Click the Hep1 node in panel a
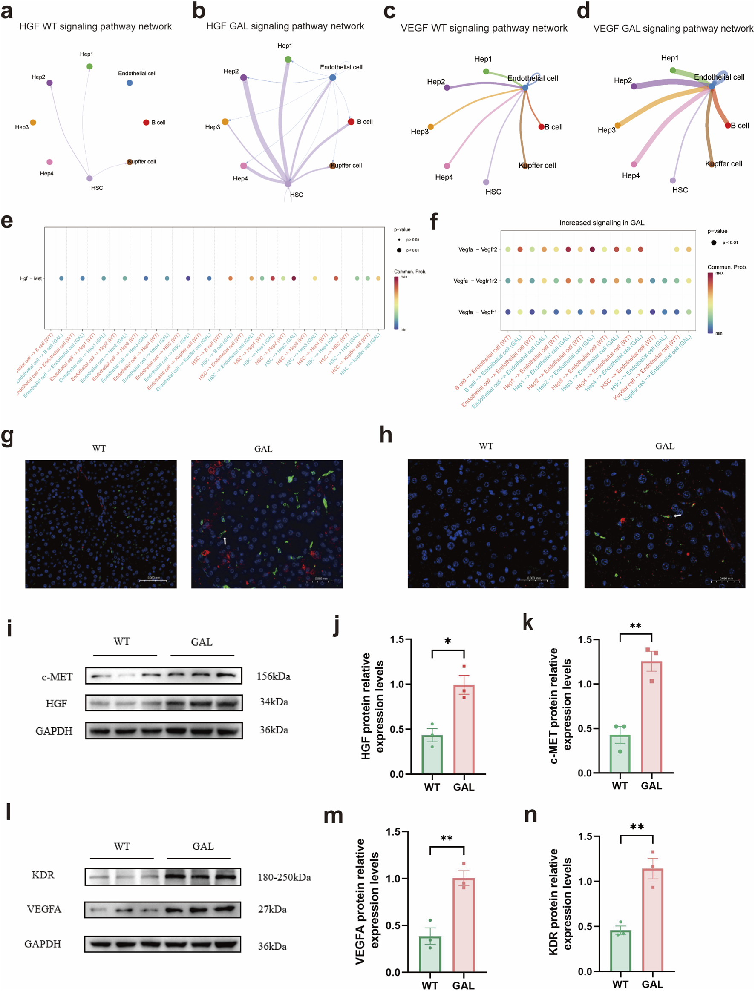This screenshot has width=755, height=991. click(x=89, y=66)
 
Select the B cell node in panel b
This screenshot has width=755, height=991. click(x=351, y=122)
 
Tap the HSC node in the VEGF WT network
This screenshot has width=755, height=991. click(x=486, y=182)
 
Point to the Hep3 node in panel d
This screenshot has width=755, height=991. click(x=617, y=125)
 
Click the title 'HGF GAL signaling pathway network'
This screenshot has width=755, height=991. click(x=285, y=26)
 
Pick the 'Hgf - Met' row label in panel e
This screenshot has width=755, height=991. click(x=31, y=278)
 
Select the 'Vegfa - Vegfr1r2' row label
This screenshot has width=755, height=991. click(x=475, y=281)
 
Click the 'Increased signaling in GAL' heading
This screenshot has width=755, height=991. click(x=601, y=223)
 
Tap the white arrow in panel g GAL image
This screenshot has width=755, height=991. click(x=225, y=541)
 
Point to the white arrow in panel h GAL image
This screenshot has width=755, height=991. click(x=677, y=516)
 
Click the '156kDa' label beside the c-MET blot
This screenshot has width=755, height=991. click(x=273, y=676)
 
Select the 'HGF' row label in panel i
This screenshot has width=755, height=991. click(x=56, y=703)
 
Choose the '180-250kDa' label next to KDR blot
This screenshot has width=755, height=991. click(x=284, y=877)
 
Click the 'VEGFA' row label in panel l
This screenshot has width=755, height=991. click(x=44, y=909)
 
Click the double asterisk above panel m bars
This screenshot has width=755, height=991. click(x=446, y=838)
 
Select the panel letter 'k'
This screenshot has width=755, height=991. click(x=528, y=624)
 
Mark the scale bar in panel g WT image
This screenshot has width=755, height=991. click(x=153, y=581)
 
